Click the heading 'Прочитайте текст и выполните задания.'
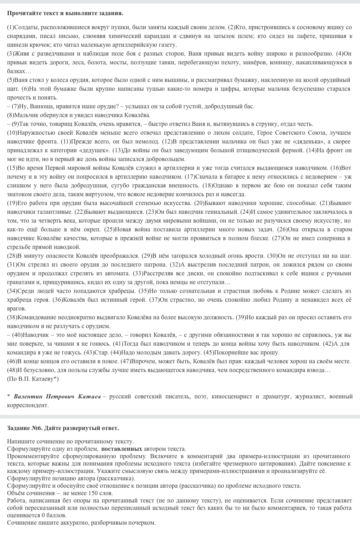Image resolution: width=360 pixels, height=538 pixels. pyautogui.click(x=65, y=13)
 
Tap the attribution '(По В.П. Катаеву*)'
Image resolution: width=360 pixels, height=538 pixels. pyautogui.click(x=33, y=379)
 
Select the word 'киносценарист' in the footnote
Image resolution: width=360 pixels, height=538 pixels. pyautogui.click(x=231, y=397)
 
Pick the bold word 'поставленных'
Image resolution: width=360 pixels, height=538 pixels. pyautogui.click(x=122, y=449)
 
